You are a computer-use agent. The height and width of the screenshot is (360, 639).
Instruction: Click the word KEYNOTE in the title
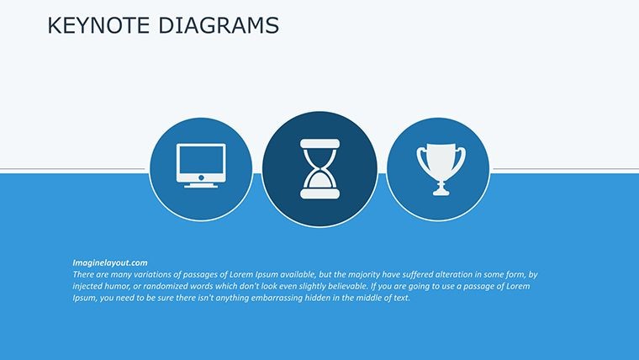98,25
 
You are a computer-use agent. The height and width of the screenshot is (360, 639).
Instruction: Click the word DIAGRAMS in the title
219,25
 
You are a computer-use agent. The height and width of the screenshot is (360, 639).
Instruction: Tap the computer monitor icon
201,166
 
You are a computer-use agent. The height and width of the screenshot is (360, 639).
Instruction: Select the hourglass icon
319,169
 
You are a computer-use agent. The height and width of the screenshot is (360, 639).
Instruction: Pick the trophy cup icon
441,169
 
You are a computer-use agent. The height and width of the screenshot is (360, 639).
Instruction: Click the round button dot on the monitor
201,177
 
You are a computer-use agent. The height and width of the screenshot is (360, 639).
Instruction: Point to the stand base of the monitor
201,186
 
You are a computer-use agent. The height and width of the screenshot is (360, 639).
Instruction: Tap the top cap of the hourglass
319,144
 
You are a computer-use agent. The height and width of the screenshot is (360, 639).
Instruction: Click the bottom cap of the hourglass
319,193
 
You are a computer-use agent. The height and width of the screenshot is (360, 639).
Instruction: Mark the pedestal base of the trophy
441,191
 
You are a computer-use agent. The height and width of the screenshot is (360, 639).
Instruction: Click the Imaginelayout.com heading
110,263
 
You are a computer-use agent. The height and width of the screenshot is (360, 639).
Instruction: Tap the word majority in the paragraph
364,275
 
